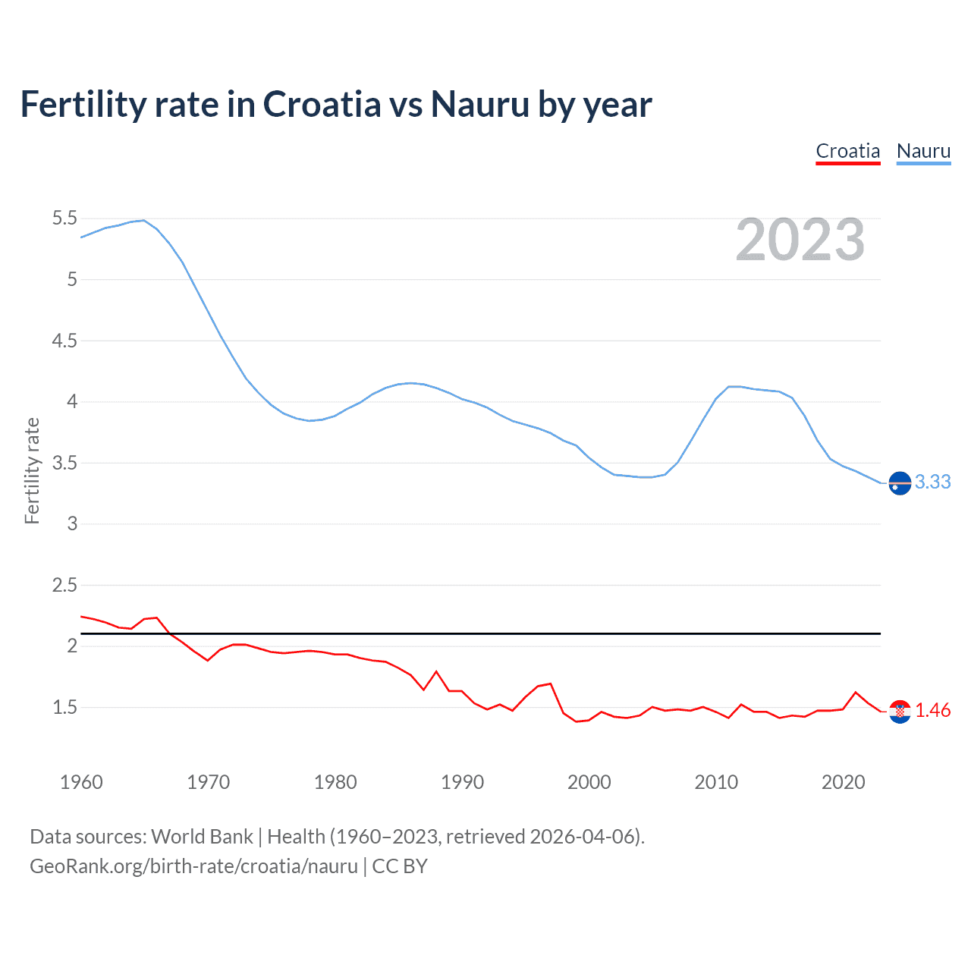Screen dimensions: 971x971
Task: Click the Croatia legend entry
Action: [x=847, y=151]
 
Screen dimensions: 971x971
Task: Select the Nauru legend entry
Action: [x=923, y=151]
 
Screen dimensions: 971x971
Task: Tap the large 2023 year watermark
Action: [x=800, y=240]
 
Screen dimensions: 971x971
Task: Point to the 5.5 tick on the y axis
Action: [x=64, y=218]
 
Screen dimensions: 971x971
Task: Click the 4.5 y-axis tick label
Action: [x=64, y=341]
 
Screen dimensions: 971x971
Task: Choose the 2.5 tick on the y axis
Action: [x=64, y=585]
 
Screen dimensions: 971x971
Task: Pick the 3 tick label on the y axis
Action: [x=72, y=523]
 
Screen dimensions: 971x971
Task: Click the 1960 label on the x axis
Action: [x=81, y=782]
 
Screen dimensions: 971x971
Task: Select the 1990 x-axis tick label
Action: [x=462, y=782]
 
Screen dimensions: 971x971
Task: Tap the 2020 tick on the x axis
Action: [x=843, y=782]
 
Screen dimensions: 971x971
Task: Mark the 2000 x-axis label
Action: [x=589, y=782]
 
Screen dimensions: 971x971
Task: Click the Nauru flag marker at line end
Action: [x=900, y=482]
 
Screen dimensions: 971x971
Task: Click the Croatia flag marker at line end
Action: [x=900, y=711]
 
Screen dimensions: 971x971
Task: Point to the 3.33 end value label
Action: [x=932, y=482]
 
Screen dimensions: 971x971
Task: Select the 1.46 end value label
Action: [x=932, y=710]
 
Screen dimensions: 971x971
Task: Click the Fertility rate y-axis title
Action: [x=32, y=470]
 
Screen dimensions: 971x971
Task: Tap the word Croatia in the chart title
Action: [x=322, y=105]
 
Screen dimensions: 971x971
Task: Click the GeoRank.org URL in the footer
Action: [x=193, y=866]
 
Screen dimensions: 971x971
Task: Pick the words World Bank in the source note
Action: [x=202, y=836]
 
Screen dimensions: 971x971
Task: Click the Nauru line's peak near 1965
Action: [x=143, y=220]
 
